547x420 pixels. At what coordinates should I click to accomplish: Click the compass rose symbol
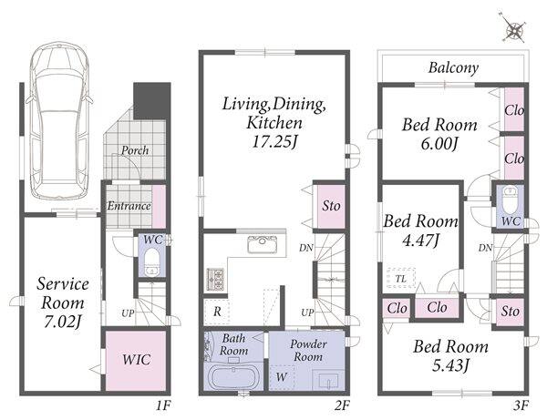coord(514,29)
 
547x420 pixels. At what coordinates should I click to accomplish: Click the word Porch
coord(135,150)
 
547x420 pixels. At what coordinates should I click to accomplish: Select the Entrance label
coord(129,206)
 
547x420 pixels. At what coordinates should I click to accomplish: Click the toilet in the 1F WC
coord(151,261)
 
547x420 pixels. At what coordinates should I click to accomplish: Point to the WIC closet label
coord(137,359)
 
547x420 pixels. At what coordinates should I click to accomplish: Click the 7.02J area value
coord(62,322)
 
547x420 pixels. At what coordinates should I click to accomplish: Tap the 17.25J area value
coord(274,141)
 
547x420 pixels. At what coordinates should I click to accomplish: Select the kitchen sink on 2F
coord(263,243)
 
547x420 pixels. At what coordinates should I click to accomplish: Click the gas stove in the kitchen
coord(215,279)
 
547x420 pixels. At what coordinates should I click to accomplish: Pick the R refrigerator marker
coord(217,312)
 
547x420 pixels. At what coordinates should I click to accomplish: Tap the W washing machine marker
coord(281,377)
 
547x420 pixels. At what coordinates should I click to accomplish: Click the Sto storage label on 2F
coord(331,206)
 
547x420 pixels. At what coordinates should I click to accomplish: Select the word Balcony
coord(453,67)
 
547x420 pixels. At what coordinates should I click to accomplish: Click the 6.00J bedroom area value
coord(439,144)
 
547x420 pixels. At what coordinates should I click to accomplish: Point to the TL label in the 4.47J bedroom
coord(401,279)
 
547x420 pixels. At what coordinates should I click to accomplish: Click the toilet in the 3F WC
coord(511,200)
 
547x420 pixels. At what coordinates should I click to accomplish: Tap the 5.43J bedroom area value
coord(450,365)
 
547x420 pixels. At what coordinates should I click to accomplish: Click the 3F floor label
coord(521,405)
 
